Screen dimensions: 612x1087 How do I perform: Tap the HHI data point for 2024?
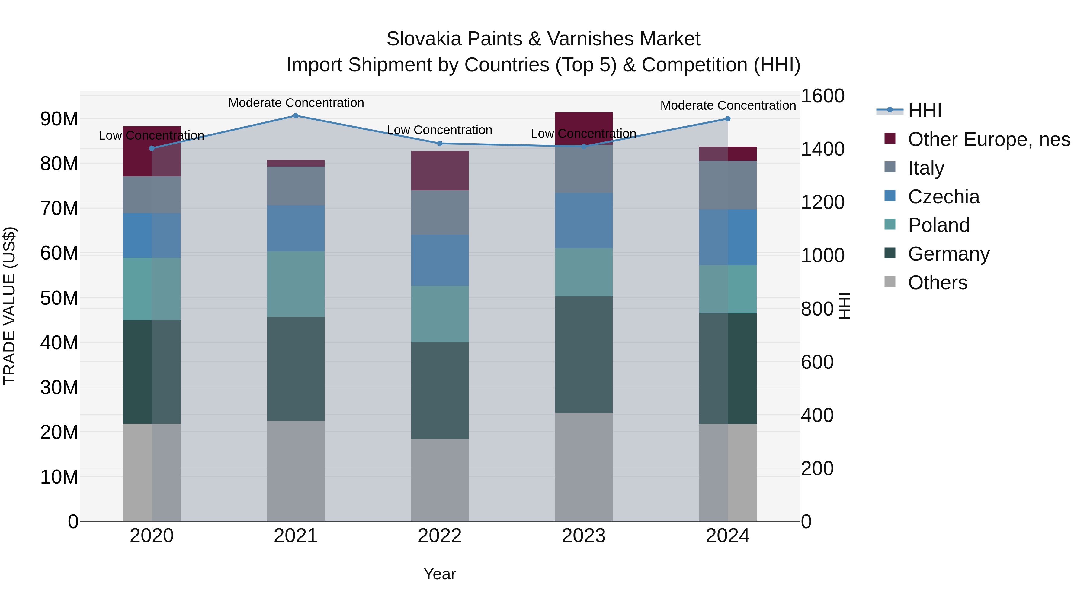pos(727,119)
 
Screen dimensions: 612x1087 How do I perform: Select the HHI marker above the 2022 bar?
pos(440,144)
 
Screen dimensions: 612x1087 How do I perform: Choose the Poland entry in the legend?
pos(938,225)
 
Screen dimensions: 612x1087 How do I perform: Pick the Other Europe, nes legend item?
pos(989,139)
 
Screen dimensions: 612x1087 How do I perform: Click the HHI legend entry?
pos(924,111)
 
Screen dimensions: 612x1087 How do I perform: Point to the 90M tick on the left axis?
pos(59,119)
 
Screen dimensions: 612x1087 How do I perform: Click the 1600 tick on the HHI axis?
pos(822,96)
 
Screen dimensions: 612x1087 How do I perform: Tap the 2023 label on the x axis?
pos(584,536)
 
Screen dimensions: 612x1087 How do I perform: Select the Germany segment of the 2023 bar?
pos(584,355)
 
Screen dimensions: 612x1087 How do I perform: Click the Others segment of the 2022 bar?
pos(440,480)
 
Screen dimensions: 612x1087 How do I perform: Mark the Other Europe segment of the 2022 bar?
pos(440,171)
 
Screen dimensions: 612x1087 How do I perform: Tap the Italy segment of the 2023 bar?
pos(584,169)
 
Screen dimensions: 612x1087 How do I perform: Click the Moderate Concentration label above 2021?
pos(296,103)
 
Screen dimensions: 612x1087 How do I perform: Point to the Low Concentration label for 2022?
pos(439,130)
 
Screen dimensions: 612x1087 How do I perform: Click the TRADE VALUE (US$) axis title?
pos(9,306)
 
